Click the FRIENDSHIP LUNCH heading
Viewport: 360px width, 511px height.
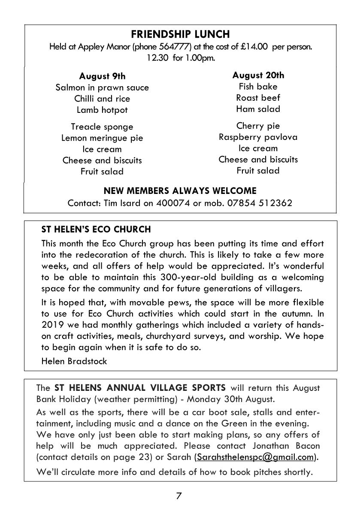tap(180, 34)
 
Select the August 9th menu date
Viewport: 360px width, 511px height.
tap(102, 76)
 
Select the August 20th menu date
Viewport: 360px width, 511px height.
tap(258, 75)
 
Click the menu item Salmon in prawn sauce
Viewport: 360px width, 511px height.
tap(102, 88)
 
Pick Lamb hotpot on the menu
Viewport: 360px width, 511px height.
tap(102, 110)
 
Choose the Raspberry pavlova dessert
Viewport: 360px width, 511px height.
tap(258, 137)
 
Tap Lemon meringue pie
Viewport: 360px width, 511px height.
tap(102, 138)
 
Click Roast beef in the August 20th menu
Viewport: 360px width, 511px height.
tap(258, 97)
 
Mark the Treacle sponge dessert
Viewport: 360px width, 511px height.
tap(102, 127)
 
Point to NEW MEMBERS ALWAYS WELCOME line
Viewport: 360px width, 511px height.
tap(180, 190)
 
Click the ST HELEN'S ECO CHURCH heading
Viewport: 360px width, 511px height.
tap(96, 229)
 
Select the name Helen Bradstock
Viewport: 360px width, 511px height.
tap(74, 361)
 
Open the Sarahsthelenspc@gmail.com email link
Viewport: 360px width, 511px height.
tap(255, 457)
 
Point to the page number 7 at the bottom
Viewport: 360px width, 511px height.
tap(179, 496)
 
